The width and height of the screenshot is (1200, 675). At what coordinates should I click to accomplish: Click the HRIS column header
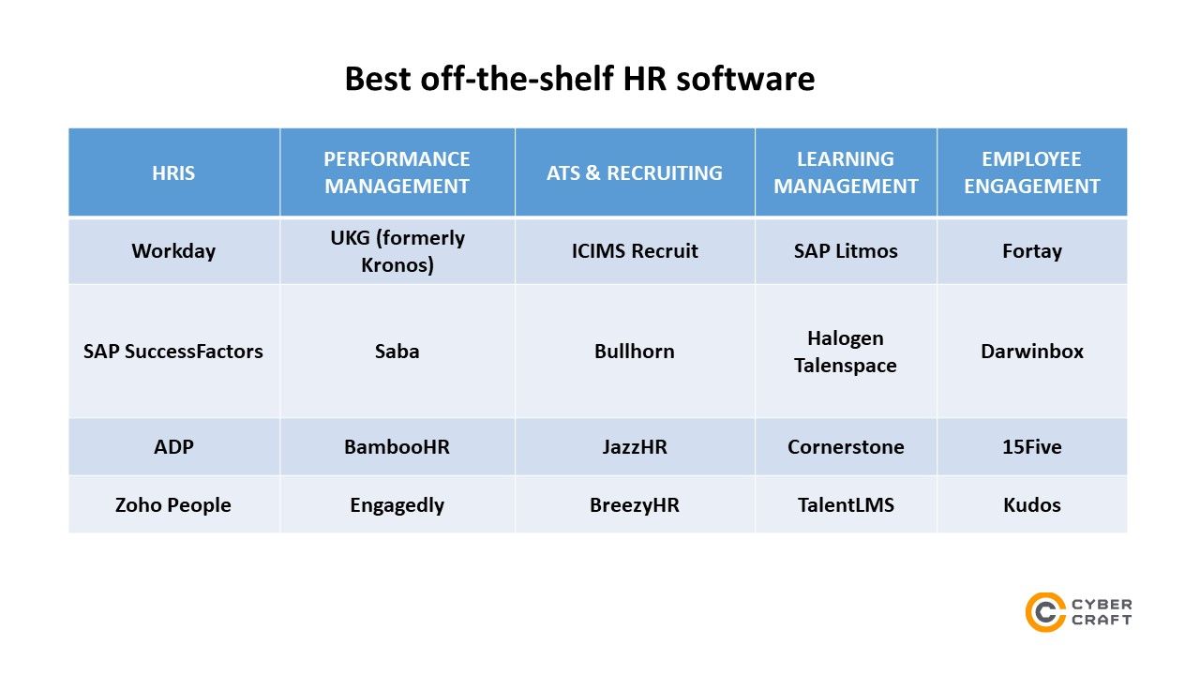[173, 173]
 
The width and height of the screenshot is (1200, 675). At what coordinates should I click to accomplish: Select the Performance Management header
[397, 172]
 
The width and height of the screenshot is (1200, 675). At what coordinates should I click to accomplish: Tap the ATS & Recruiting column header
[635, 173]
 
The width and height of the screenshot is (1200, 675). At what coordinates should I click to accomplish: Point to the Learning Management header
[846, 172]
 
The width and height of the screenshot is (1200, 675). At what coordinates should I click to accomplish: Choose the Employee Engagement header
[1032, 172]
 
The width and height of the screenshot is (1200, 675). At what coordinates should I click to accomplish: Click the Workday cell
[173, 251]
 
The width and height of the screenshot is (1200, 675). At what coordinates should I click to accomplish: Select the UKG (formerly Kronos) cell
[397, 251]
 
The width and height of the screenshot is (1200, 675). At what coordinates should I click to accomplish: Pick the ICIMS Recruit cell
[635, 251]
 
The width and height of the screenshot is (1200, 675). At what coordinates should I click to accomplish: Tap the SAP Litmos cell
[846, 251]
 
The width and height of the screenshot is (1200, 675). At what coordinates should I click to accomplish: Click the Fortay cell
[1032, 251]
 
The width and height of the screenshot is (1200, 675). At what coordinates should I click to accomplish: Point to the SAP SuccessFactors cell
[173, 352]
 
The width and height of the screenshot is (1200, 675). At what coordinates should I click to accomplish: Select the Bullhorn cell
[635, 352]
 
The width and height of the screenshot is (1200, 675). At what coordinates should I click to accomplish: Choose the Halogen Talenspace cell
[846, 352]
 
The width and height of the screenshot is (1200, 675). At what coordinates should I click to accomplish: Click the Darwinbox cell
[1032, 352]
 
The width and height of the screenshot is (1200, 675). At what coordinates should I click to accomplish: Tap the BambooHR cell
[397, 447]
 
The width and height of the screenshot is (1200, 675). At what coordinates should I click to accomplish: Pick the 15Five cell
[1032, 447]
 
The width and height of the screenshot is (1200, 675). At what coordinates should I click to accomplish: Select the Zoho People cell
[173, 505]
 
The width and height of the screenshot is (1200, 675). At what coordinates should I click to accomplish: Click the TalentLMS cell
[846, 505]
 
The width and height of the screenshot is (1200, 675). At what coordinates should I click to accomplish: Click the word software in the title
[745, 79]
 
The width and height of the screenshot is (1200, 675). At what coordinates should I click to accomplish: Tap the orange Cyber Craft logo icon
[1044, 612]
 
